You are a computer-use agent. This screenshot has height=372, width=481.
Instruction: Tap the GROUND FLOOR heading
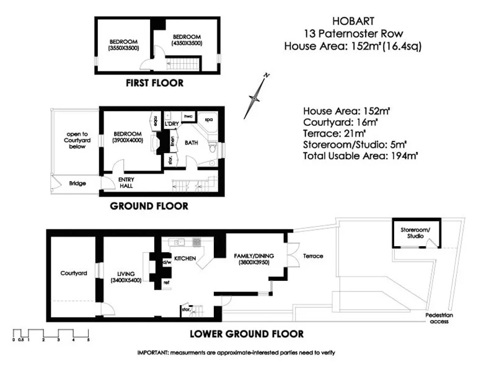coord(149,206)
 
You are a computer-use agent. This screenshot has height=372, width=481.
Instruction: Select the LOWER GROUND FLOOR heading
coord(246,334)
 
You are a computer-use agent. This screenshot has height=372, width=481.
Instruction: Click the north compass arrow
coord(256,96)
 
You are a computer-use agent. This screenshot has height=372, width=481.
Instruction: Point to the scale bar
coord(51,334)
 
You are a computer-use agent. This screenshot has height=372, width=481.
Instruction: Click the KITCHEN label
coord(185,257)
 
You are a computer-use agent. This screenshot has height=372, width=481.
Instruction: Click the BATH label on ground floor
coord(191,143)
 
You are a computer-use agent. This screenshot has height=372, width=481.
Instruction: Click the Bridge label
coord(77,184)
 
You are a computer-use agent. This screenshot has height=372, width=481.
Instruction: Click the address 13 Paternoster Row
coord(352,33)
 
